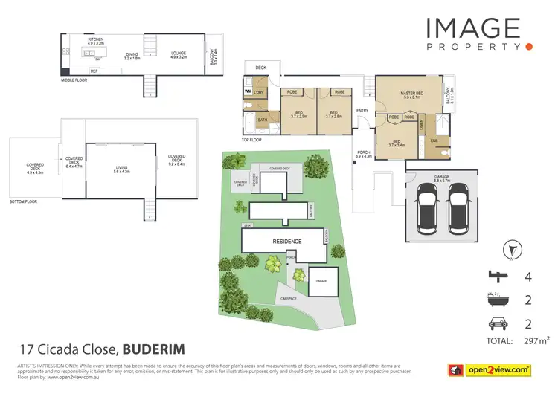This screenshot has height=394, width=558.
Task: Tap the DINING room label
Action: [132, 54]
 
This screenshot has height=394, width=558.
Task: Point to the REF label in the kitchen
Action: [94, 71]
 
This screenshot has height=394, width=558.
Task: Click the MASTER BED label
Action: [411, 93]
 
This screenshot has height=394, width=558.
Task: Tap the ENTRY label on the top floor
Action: [362, 111]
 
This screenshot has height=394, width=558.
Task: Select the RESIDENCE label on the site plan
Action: [286, 242]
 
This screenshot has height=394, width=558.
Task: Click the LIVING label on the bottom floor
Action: [121, 168]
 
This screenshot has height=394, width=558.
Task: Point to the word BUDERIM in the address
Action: [153, 348]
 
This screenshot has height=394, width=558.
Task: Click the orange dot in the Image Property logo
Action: [528, 46]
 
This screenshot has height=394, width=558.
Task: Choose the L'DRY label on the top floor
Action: [259, 92]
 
